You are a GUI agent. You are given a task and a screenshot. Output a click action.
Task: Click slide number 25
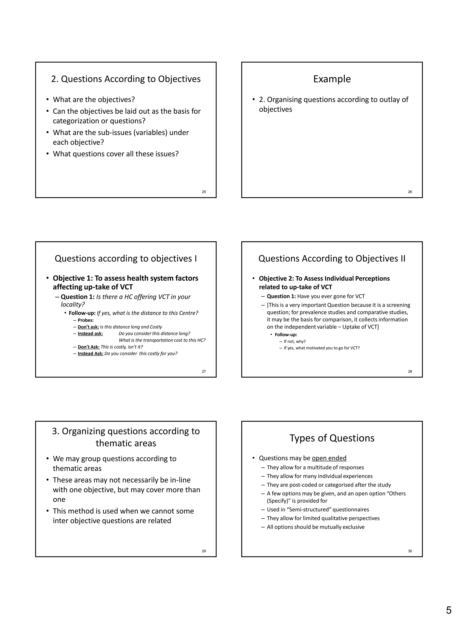[x=204, y=192]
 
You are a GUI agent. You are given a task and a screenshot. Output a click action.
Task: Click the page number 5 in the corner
[x=448, y=610]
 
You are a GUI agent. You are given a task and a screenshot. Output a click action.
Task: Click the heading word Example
[x=332, y=79]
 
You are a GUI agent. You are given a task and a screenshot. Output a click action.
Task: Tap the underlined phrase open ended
[x=329, y=458]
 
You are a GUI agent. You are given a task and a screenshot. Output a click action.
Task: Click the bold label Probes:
[x=86, y=320]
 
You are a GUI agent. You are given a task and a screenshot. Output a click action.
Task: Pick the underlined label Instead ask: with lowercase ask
[x=90, y=333]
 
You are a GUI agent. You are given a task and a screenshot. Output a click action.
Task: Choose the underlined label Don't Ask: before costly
[x=88, y=347]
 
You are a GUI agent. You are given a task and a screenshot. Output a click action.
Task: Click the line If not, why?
[x=295, y=341]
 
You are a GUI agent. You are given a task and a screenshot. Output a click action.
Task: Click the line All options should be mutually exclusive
[x=316, y=527]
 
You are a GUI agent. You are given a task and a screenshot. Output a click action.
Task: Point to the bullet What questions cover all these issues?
[x=116, y=154]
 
